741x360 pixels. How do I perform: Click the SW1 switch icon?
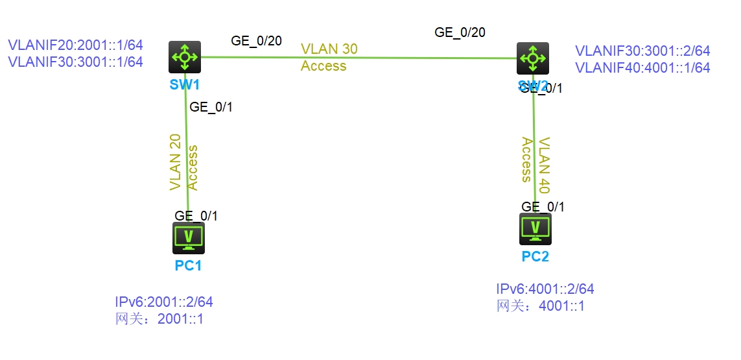pyautogui.click(x=185, y=57)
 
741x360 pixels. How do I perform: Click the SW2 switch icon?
pyautogui.click(x=533, y=58)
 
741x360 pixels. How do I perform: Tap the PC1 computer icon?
pyautogui.click(x=189, y=237)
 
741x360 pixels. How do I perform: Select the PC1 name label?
pyautogui.click(x=189, y=265)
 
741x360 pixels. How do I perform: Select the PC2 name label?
pyautogui.click(x=535, y=257)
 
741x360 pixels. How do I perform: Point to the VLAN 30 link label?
pyautogui.click(x=329, y=49)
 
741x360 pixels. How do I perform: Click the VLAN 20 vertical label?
pyautogui.click(x=175, y=162)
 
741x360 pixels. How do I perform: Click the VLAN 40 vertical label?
pyautogui.click(x=545, y=165)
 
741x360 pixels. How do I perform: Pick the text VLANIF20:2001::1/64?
pyautogui.click(x=75, y=45)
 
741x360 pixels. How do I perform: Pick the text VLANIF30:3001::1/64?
pyautogui.click(x=75, y=62)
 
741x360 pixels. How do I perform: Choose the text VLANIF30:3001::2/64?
pyautogui.click(x=642, y=51)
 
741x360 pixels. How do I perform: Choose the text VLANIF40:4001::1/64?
pyautogui.click(x=642, y=67)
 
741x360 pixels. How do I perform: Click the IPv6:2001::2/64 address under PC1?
pyautogui.click(x=164, y=302)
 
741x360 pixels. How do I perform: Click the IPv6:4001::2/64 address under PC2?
pyautogui.click(x=545, y=289)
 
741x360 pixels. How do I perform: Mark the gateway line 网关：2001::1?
pyautogui.click(x=159, y=318)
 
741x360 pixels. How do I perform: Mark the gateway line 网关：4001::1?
pyautogui.click(x=541, y=306)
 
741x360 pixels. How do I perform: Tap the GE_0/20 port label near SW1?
pyautogui.click(x=256, y=41)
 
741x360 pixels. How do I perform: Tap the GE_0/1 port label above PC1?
pyautogui.click(x=196, y=216)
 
